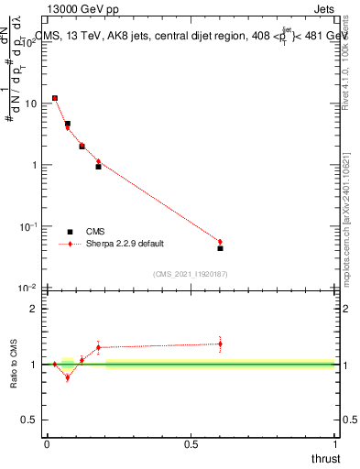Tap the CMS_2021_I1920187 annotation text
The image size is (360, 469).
(190, 274)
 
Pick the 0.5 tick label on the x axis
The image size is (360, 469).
(191, 444)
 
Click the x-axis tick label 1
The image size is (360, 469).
(335, 444)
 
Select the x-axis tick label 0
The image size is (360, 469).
(47, 444)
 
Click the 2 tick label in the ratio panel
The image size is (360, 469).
(34, 309)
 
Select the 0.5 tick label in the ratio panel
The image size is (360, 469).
(29, 420)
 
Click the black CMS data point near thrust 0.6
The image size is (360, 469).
(220, 248)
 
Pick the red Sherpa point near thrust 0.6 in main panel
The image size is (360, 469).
(220, 242)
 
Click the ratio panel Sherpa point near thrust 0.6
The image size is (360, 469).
(220, 344)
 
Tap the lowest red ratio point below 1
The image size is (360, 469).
(67, 377)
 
